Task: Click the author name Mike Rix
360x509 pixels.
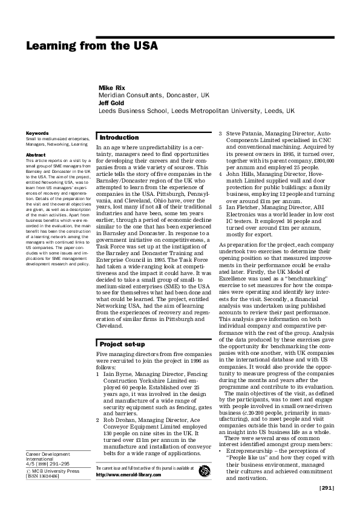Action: tap(112, 88)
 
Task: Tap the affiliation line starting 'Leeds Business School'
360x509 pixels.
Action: tap(196, 111)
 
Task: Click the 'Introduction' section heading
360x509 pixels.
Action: tap(119, 137)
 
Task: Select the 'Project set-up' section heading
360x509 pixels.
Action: tap(122, 343)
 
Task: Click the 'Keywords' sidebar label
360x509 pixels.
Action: tap(37, 133)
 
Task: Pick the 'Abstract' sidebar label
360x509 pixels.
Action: tap(35, 155)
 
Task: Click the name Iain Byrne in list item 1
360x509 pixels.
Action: tap(122, 375)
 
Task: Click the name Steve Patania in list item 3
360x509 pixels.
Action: tap(248, 132)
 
